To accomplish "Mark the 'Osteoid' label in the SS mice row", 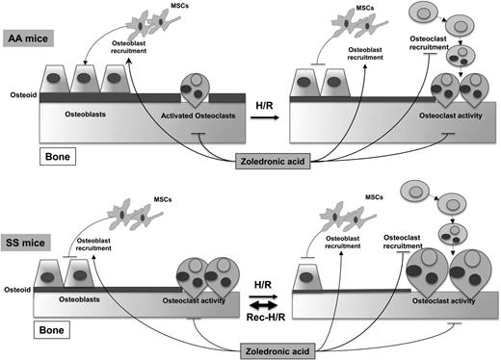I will pyautogui.click(x=18, y=286).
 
